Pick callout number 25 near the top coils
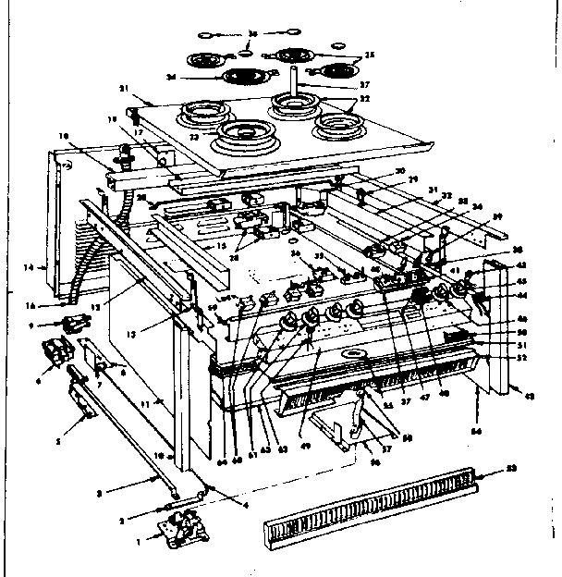pyautogui.click(x=372, y=55)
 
